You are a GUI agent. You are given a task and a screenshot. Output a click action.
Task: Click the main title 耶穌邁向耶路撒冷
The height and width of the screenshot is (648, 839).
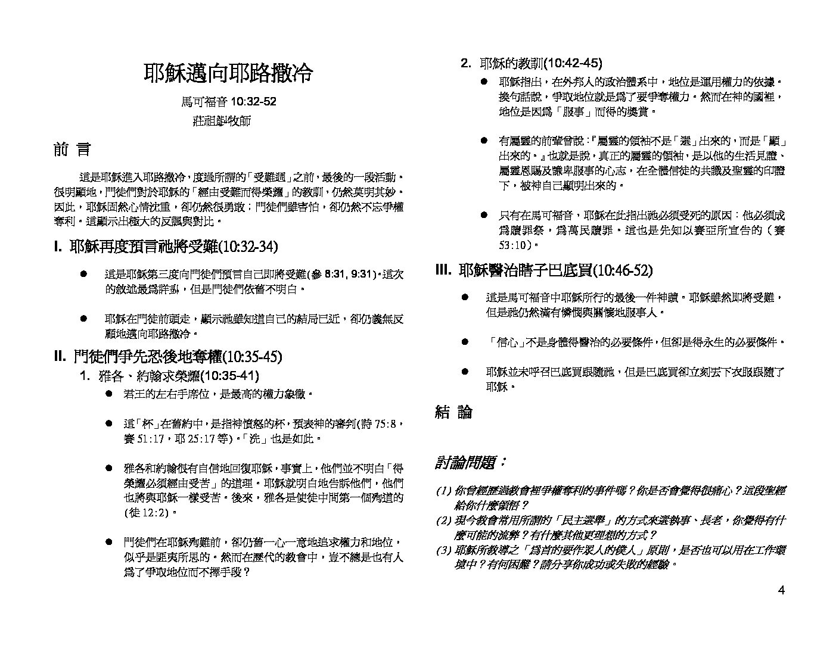click(x=228, y=73)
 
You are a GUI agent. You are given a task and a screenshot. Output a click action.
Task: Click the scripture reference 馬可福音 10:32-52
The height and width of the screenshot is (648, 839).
click(x=228, y=101)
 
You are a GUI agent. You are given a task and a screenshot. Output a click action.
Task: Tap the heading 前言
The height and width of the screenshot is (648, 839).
click(x=72, y=150)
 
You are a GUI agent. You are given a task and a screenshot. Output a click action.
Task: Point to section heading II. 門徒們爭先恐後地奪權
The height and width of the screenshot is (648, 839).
click(x=167, y=357)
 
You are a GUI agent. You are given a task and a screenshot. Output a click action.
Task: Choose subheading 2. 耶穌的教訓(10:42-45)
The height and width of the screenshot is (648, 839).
click(x=532, y=63)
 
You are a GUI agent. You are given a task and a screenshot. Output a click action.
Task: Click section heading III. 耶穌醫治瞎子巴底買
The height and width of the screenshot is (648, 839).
click(x=544, y=270)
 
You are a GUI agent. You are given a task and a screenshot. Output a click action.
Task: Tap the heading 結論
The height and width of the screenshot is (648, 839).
click(x=453, y=412)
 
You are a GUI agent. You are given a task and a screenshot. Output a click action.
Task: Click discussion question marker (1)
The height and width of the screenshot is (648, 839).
click(x=444, y=491)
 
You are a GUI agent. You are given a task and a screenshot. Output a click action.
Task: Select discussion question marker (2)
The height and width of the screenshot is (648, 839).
click(x=444, y=521)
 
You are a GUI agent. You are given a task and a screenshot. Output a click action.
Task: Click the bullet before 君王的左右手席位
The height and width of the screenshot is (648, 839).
click(x=109, y=394)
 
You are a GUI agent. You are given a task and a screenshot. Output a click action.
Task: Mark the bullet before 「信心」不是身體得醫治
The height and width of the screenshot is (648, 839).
click(x=465, y=342)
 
